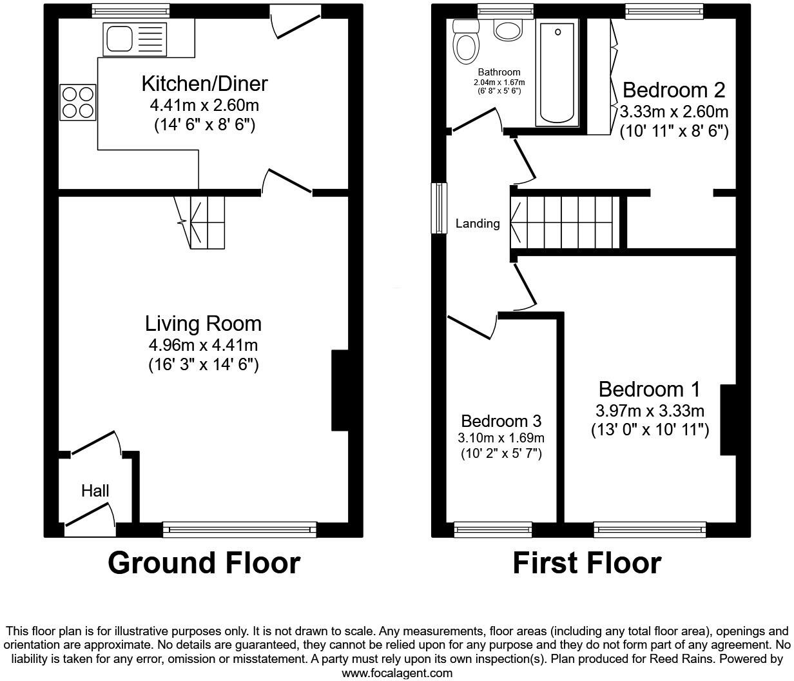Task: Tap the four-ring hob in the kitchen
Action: pyautogui.click(x=78, y=103)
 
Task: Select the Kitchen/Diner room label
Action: pyautogui.click(x=204, y=84)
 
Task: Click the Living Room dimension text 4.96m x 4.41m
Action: pyautogui.click(x=203, y=346)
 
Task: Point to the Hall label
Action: pyautogui.click(x=95, y=491)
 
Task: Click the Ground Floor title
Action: pyautogui.click(x=204, y=562)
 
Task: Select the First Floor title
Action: pyautogui.click(x=586, y=562)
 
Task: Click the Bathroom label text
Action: pyautogui.click(x=499, y=72)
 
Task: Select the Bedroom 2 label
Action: pyautogui.click(x=674, y=90)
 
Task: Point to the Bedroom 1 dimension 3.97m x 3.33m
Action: pyautogui.click(x=650, y=411)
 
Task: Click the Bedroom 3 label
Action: pyautogui.click(x=501, y=421)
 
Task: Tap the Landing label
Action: pyautogui.click(x=478, y=224)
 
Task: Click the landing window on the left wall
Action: pyautogui.click(x=440, y=208)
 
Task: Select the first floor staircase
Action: pyautogui.click(x=567, y=221)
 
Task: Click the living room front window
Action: pyautogui.click(x=240, y=529)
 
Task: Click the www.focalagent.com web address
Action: pyautogui.click(x=396, y=673)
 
